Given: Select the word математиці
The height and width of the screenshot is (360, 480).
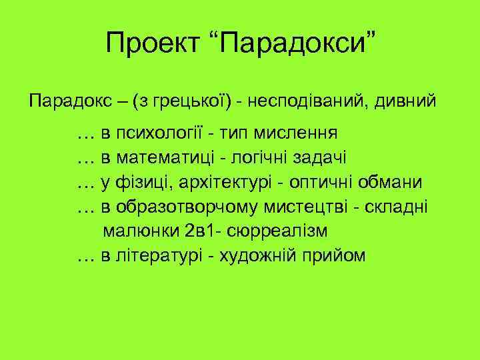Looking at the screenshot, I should [x=157, y=157].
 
